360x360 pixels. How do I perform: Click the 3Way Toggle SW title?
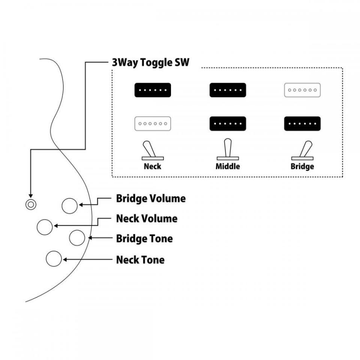[151, 63]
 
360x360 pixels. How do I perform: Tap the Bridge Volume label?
[151, 199]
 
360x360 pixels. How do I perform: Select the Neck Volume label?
[147, 219]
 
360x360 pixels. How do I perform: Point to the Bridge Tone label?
[144, 238]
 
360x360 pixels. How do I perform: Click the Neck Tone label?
[140, 260]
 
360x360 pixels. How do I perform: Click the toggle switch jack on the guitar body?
[31, 204]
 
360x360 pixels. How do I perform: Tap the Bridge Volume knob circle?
[70, 206]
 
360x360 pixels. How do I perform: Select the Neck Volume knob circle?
[45, 227]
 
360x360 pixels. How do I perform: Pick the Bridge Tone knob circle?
[77, 238]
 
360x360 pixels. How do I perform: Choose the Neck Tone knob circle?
[54, 259]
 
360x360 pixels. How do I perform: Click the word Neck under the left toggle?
[153, 166]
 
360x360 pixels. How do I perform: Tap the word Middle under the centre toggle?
[228, 166]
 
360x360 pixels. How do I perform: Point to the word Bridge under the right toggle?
[302, 166]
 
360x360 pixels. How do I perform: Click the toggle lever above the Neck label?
[149, 149]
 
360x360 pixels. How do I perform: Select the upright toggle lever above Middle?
[228, 148]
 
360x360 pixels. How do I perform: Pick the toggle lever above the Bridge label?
[306, 149]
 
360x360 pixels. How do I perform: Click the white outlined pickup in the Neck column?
[153, 123]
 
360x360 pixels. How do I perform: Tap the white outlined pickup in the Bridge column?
[302, 90]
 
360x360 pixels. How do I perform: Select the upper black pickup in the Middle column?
[228, 90]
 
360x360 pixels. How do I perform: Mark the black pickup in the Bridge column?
[302, 123]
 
